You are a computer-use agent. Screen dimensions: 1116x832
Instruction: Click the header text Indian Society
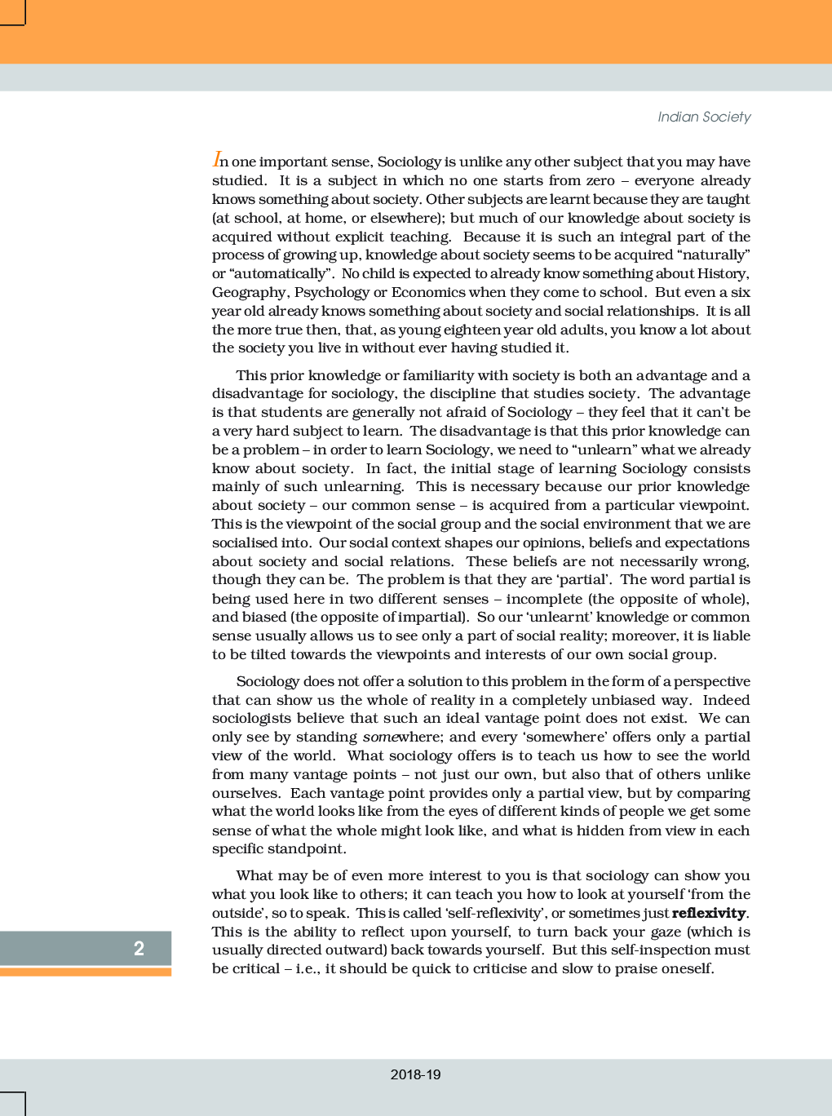(x=704, y=117)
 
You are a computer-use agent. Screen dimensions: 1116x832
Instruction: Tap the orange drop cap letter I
(x=216, y=159)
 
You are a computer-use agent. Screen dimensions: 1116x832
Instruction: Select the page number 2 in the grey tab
(x=139, y=948)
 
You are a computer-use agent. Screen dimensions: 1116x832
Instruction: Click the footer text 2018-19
(x=415, y=1074)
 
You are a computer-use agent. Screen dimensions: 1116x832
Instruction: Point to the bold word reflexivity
(x=708, y=913)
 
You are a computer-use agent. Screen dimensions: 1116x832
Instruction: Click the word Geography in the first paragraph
(x=249, y=292)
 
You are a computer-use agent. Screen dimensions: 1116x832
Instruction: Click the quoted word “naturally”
(x=713, y=255)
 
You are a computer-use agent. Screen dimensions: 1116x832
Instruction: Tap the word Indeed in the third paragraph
(x=726, y=700)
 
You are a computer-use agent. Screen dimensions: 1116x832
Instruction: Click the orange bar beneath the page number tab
(x=86, y=972)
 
